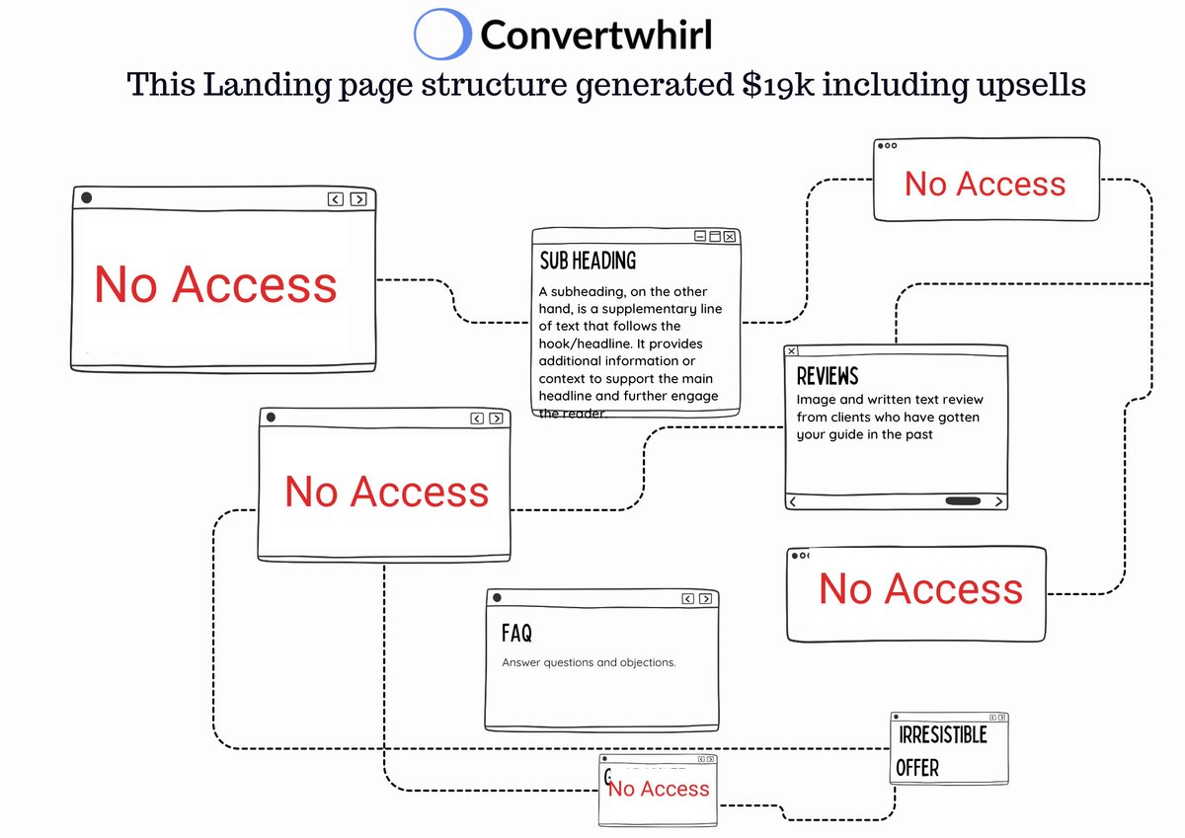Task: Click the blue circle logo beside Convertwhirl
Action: (x=441, y=35)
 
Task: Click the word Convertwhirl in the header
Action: (x=595, y=36)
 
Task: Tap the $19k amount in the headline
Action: (x=779, y=85)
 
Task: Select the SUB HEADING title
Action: (x=588, y=261)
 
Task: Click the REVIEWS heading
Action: (x=828, y=376)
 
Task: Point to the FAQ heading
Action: (x=516, y=632)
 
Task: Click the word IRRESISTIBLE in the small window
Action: (x=942, y=735)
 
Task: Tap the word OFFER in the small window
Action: (x=917, y=768)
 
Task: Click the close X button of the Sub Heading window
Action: (x=730, y=237)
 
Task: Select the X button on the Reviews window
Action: (x=792, y=351)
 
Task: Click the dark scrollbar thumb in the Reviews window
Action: (x=963, y=501)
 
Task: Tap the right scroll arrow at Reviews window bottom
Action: (x=998, y=501)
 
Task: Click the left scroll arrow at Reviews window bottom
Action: (x=793, y=501)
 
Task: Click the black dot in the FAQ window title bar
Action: (x=497, y=598)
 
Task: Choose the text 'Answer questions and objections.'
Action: (x=589, y=662)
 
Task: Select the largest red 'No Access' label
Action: (x=215, y=284)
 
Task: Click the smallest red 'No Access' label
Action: (x=660, y=789)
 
